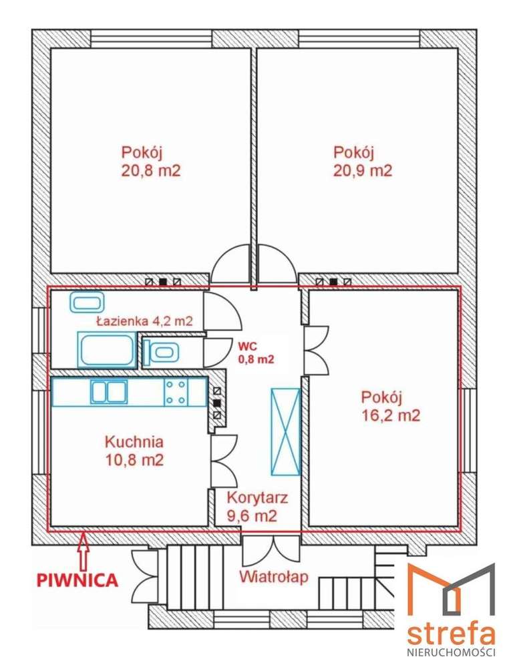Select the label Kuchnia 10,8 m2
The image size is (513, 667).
134,451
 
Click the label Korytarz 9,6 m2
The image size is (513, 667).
257,506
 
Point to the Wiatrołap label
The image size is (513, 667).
274,576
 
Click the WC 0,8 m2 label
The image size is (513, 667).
256,353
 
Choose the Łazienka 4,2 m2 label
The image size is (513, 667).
144,321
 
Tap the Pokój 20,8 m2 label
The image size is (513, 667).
151,160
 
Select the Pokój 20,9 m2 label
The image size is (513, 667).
363,160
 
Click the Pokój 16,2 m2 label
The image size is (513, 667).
390,407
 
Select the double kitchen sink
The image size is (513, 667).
109,392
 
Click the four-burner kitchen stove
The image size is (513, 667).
176,392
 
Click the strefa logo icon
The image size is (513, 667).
451,591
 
